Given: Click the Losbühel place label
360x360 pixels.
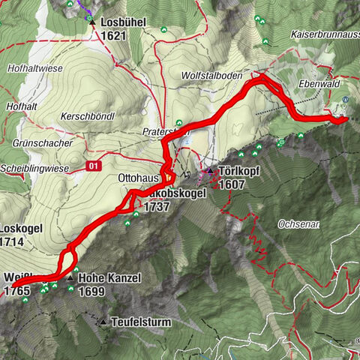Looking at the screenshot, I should pyautogui.click(x=121, y=22).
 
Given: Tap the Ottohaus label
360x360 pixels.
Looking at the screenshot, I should pyautogui.click(x=139, y=179).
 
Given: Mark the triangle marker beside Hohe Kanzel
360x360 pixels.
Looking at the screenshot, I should pyautogui.click(x=70, y=278).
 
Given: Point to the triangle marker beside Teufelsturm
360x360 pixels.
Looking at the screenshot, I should pyautogui.click(x=103, y=322).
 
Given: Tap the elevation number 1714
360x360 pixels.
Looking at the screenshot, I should pyautogui.click(x=13, y=241).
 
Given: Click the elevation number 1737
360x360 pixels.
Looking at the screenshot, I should pyautogui.click(x=157, y=206).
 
